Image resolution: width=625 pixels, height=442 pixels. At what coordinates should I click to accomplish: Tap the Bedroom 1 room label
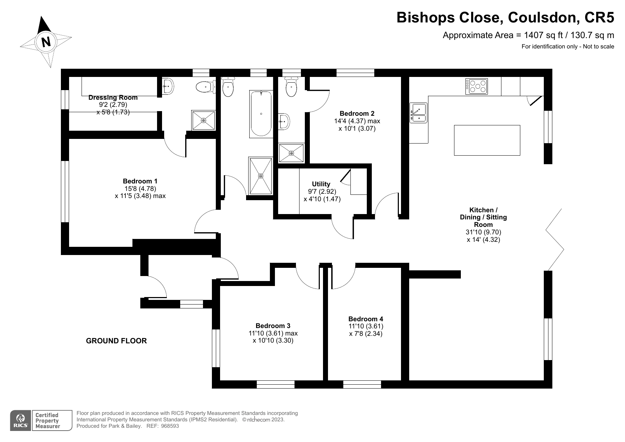tap(140, 181)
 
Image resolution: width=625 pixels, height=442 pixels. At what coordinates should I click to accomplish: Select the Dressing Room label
tap(113, 97)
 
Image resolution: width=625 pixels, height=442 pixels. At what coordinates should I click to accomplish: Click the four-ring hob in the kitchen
tap(476, 87)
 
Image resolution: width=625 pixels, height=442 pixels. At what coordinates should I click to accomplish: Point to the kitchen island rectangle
tap(487, 140)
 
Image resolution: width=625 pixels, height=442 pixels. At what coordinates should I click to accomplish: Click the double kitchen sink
tap(418, 113)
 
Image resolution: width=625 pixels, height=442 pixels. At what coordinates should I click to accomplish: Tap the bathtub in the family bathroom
tap(261, 114)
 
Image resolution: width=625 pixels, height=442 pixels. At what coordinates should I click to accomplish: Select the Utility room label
tap(321, 184)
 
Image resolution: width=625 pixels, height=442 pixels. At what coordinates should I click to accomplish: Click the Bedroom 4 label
tap(365, 319)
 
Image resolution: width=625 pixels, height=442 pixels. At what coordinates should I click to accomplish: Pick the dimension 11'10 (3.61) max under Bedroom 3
tap(273, 333)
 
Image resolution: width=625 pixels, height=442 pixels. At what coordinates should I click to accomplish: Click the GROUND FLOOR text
tap(116, 341)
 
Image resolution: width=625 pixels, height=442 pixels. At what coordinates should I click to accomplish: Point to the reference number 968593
tap(170, 426)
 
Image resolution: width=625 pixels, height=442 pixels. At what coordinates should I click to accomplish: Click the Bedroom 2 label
tap(357, 113)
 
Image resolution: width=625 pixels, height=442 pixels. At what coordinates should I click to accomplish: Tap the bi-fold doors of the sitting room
tap(554, 240)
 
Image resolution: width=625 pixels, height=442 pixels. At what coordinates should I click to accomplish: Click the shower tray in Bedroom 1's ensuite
tap(204, 120)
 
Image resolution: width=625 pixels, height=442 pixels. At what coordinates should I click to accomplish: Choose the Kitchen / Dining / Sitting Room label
tap(483, 217)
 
